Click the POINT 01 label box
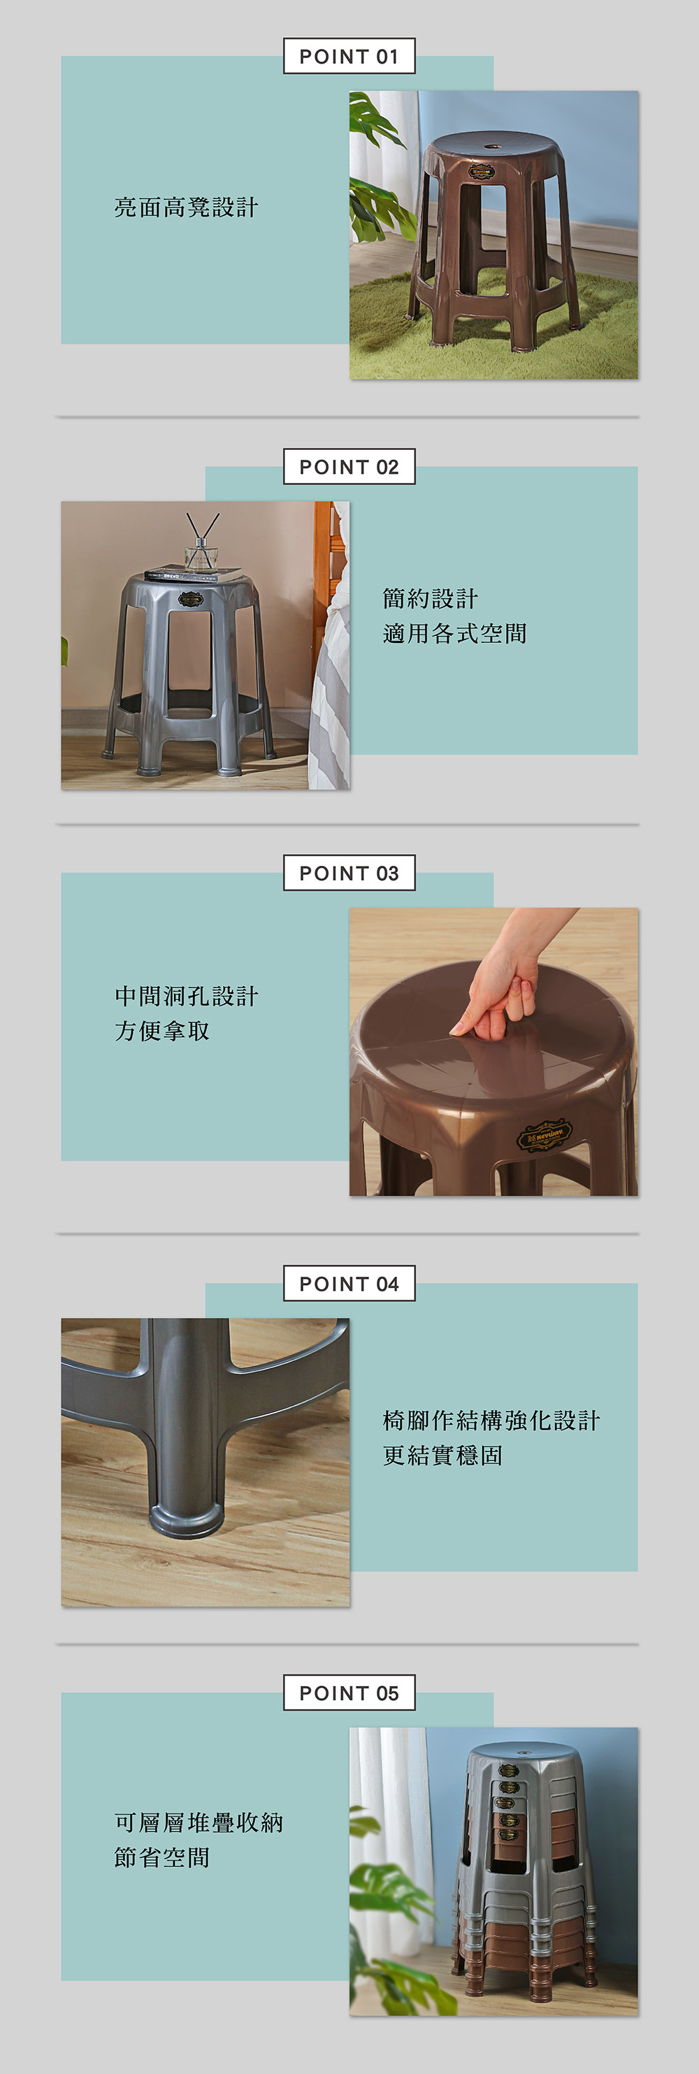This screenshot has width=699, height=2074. click(x=349, y=57)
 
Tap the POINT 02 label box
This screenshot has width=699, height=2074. click(x=349, y=467)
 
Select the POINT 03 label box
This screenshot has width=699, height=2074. click(x=349, y=873)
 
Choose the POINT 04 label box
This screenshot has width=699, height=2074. click(x=349, y=1284)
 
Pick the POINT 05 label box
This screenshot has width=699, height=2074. click(x=349, y=1693)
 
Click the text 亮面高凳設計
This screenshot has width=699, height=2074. click(x=186, y=208)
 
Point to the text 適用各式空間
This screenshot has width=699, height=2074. click(x=455, y=634)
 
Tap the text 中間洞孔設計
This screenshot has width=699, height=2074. click(x=186, y=996)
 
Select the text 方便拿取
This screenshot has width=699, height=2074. click(x=162, y=1031)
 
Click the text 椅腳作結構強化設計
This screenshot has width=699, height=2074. click(x=491, y=1420)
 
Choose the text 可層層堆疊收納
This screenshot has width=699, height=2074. click(x=198, y=1822)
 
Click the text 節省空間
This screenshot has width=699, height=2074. click(x=162, y=1857)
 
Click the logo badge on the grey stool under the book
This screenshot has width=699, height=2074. click(x=191, y=599)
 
